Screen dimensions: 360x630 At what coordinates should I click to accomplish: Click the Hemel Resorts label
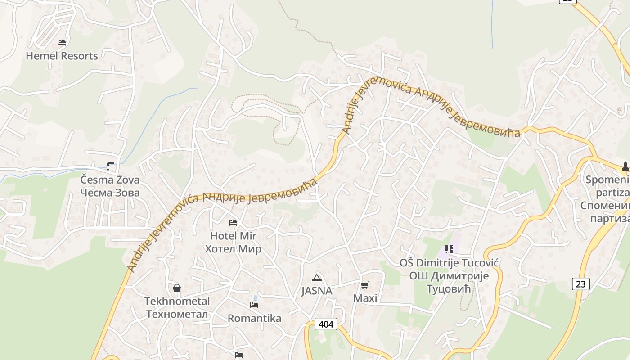coord(62,56)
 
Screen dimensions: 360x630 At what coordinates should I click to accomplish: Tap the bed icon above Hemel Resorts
coord(62,43)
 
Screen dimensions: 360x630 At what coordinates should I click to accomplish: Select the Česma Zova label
coord(110,180)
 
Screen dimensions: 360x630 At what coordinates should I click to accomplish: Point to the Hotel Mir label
coord(233,236)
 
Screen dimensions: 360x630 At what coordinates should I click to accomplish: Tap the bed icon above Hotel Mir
coord(233,222)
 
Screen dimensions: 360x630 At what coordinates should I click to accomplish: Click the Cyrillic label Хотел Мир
coord(233,249)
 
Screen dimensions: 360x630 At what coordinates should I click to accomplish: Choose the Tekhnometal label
coord(177,301)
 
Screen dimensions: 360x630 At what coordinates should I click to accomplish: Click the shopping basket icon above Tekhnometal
coord(177,288)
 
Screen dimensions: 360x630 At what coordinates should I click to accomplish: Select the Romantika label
coord(254,318)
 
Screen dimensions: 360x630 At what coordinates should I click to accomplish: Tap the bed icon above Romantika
coord(254,305)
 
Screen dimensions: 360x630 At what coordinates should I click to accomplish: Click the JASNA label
coord(317,291)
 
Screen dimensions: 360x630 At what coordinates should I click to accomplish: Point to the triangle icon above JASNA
coord(317,278)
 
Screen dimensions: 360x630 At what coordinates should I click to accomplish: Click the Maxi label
coord(365,298)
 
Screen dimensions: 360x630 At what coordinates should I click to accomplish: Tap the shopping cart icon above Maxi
coord(365,285)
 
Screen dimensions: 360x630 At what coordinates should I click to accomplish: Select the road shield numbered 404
coord(326,324)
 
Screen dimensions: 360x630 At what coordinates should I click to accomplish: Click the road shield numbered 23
coord(581,284)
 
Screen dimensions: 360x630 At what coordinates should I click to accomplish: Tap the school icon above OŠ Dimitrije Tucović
coord(449,249)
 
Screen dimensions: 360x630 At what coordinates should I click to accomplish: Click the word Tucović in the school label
coord(467,262)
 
